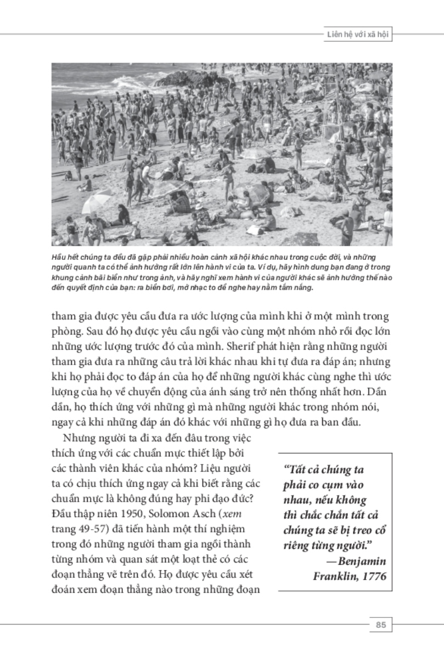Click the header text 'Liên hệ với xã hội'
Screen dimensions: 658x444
357,34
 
